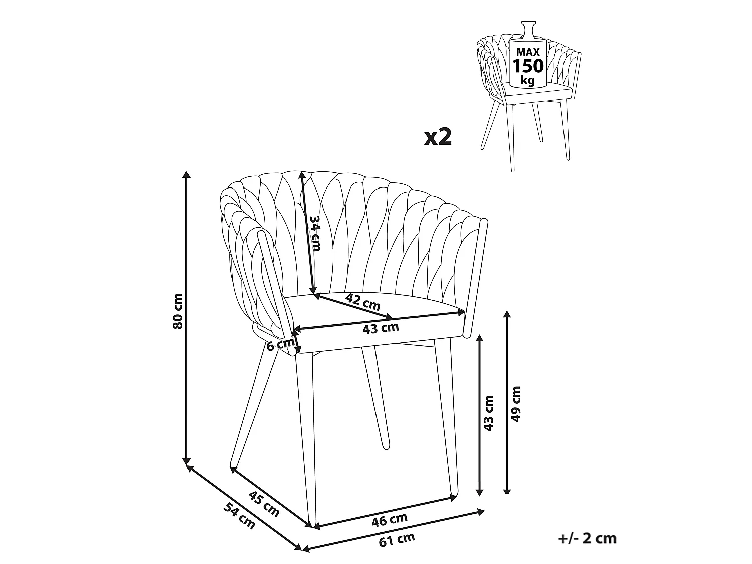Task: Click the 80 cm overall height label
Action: pyautogui.click(x=178, y=311)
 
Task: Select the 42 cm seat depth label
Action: pyautogui.click(x=363, y=302)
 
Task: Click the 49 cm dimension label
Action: pyautogui.click(x=516, y=404)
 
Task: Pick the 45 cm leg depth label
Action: pyautogui.click(x=264, y=504)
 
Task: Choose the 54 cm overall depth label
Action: pyautogui.click(x=239, y=516)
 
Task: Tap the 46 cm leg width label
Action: pyautogui.click(x=390, y=520)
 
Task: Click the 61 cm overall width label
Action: pyautogui.click(x=397, y=540)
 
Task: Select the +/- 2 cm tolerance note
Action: pyautogui.click(x=587, y=538)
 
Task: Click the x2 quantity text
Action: pyautogui.click(x=438, y=137)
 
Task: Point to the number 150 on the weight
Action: pyautogui.click(x=528, y=66)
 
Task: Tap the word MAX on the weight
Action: pyautogui.click(x=528, y=52)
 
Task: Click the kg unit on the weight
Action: pyautogui.click(x=527, y=81)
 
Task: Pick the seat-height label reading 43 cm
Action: pyautogui.click(x=489, y=413)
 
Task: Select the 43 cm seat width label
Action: pyautogui.click(x=381, y=328)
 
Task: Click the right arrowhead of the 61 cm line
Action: pyautogui.click(x=481, y=512)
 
